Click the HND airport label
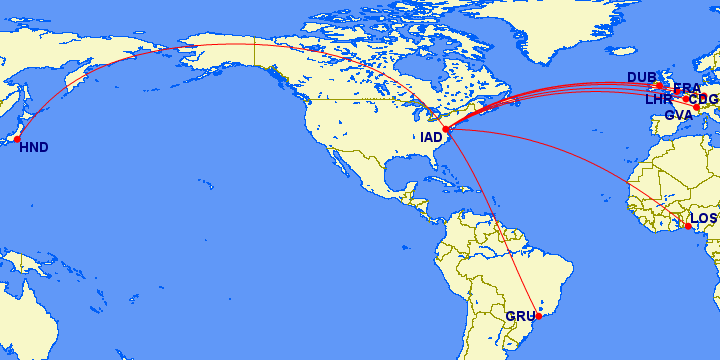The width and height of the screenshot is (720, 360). tap(33, 147)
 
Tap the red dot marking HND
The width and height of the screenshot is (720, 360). tap(17, 139)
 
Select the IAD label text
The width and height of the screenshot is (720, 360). tap(431, 137)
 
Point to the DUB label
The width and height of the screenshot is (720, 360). tap(641, 77)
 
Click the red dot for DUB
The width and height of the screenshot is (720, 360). tap(659, 85)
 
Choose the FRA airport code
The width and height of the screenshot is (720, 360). tap(688, 88)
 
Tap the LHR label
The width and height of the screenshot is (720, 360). tap(659, 100)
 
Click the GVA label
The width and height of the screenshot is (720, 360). tap(679, 115)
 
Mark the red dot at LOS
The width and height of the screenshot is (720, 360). tap(688, 226)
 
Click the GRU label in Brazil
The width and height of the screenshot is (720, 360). tap(520, 317)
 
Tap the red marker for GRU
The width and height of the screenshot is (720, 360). tap(539, 316)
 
